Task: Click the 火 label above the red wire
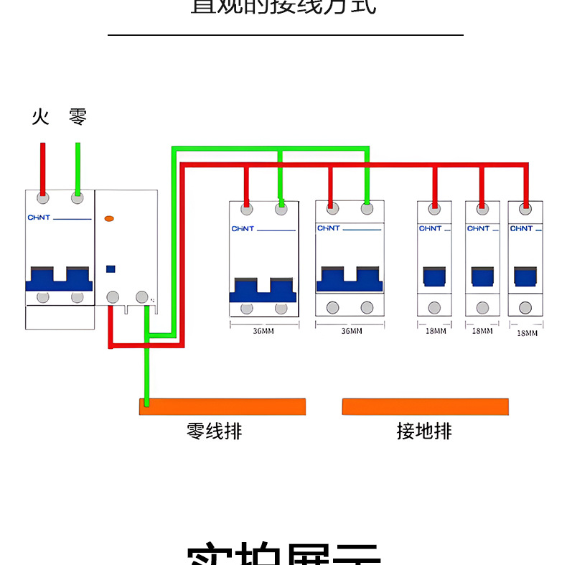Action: click(x=41, y=116)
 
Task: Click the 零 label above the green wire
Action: click(x=78, y=116)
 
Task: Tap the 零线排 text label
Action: click(x=214, y=431)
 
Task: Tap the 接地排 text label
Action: click(x=424, y=431)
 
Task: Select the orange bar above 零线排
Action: click(x=222, y=406)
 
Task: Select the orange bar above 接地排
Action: click(x=425, y=406)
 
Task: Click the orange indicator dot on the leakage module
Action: click(x=110, y=218)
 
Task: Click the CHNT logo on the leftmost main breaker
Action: click(x=39, y=218)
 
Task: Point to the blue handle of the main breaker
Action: click(x=60, y=279)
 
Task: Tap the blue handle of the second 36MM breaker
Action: click(x=350, y=279)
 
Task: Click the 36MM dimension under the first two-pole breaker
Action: click(x=263, y=331)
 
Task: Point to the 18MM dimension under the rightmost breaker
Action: click(x=527, y=332)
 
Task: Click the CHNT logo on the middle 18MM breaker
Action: click(x=478, y=228)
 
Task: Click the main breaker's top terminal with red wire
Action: click(x=43, y=197)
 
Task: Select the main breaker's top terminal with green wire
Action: click(x=77, y=197)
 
